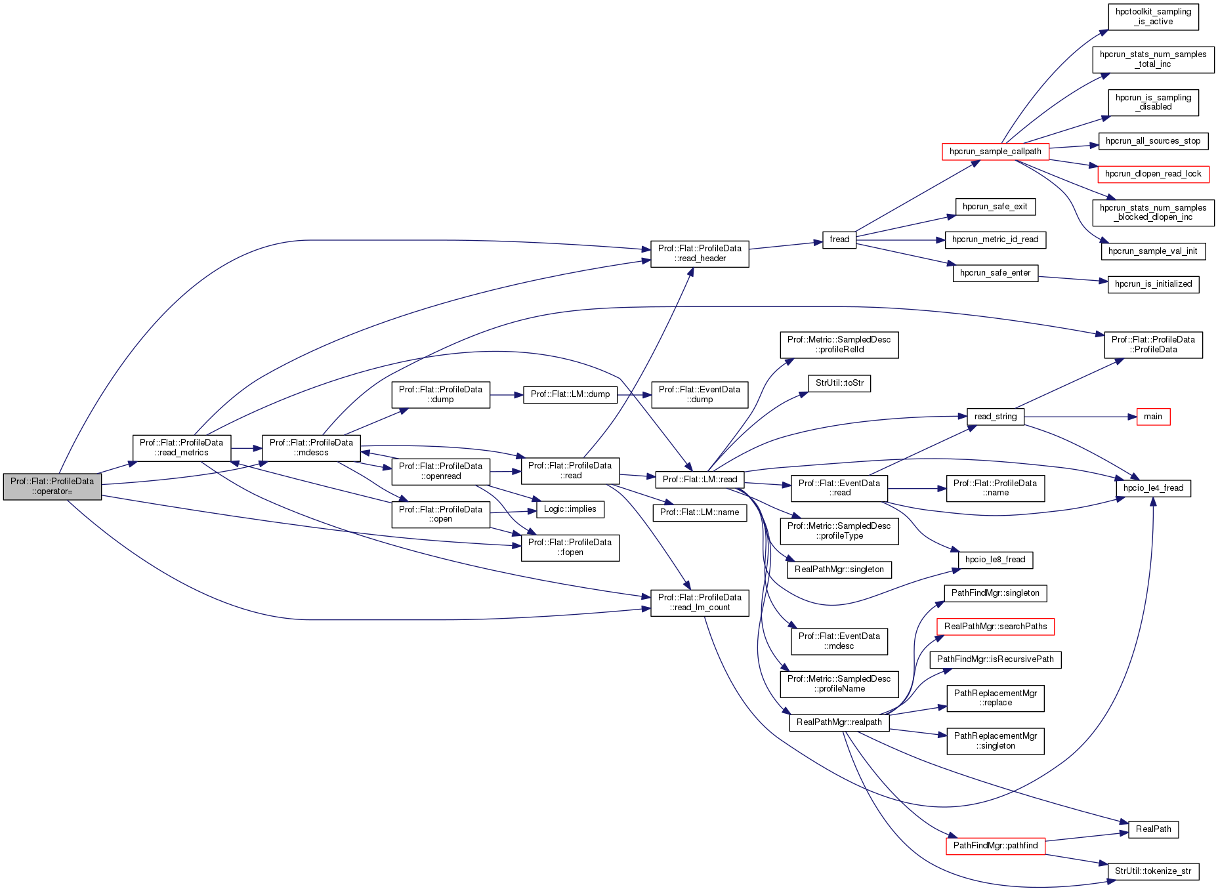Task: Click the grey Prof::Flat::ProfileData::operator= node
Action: pos(52,486)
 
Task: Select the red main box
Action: pos(1153,417)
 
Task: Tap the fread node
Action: pos(839,240)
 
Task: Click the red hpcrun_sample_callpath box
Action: pos(995,152)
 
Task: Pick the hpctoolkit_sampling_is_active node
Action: pos(1153,17)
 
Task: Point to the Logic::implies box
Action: pos(570,509)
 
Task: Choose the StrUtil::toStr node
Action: pos(839,383)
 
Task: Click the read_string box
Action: pos(995,417)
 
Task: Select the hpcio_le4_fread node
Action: pos(1153,488)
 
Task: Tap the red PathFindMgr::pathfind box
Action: pos(995,846)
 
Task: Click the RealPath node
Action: pos(1153,829)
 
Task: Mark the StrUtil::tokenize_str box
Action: pos(1152,871)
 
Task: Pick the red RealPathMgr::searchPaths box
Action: pos(995,627)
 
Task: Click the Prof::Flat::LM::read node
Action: pos(700,480)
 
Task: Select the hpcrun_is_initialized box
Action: pos(1153,284)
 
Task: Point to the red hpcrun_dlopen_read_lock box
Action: pos(1153,174)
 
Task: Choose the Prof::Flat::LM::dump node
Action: pos(570,394)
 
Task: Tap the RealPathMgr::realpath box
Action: pos(839,722)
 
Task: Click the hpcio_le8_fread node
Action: pos(995,560)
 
